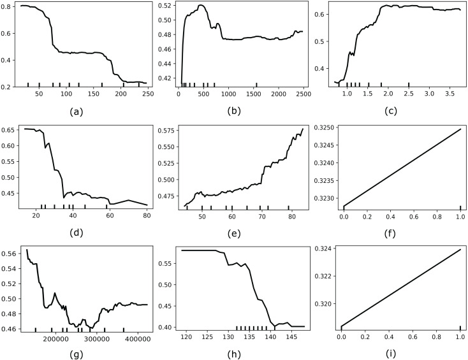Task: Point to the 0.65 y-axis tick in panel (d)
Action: point(9,130)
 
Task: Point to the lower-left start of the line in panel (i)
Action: point(344,326)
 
